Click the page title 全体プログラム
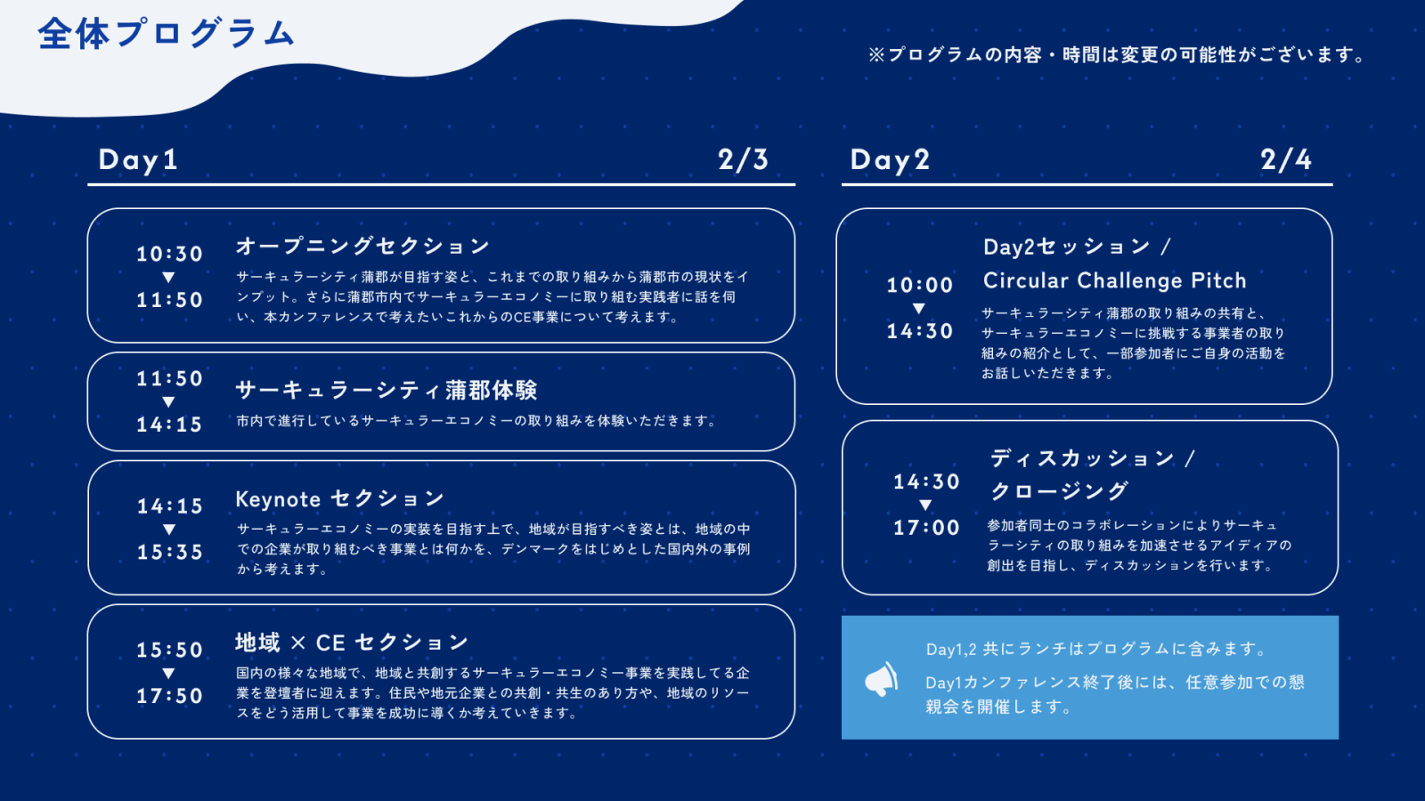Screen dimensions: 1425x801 [x=167, y=34]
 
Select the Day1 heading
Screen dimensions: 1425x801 [x=138, y=159]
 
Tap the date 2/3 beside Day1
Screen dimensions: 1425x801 [x=743, y=159]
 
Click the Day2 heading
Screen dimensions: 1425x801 [x=890, y=159]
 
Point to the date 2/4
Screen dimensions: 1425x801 [x=1286, y=159]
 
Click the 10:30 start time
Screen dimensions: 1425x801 [x=169, y=255]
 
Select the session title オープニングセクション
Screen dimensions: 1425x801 [x=362, y=246]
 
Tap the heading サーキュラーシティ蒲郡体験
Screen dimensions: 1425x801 [x=387, y=390]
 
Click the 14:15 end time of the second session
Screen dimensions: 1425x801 [x=169, y=425]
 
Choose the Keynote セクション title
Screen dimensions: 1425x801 [x=339, y=499]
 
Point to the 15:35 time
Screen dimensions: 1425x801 [x=170, y=552]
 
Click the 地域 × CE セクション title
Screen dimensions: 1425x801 [x=352, y=643]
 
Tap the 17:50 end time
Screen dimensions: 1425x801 [x=169, y=696]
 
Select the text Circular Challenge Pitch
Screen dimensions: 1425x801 [x=1114, y=280]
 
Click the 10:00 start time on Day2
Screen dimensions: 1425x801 [x=920, y=286]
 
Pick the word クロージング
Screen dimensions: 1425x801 [x=1059, y=490]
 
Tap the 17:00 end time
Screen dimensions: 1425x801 [x=926, y=528]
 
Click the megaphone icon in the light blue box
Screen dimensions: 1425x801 [x=881, y=680]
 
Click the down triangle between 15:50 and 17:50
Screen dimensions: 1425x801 [x=168, y=673]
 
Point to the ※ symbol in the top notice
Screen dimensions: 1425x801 [x=876, y=55]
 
